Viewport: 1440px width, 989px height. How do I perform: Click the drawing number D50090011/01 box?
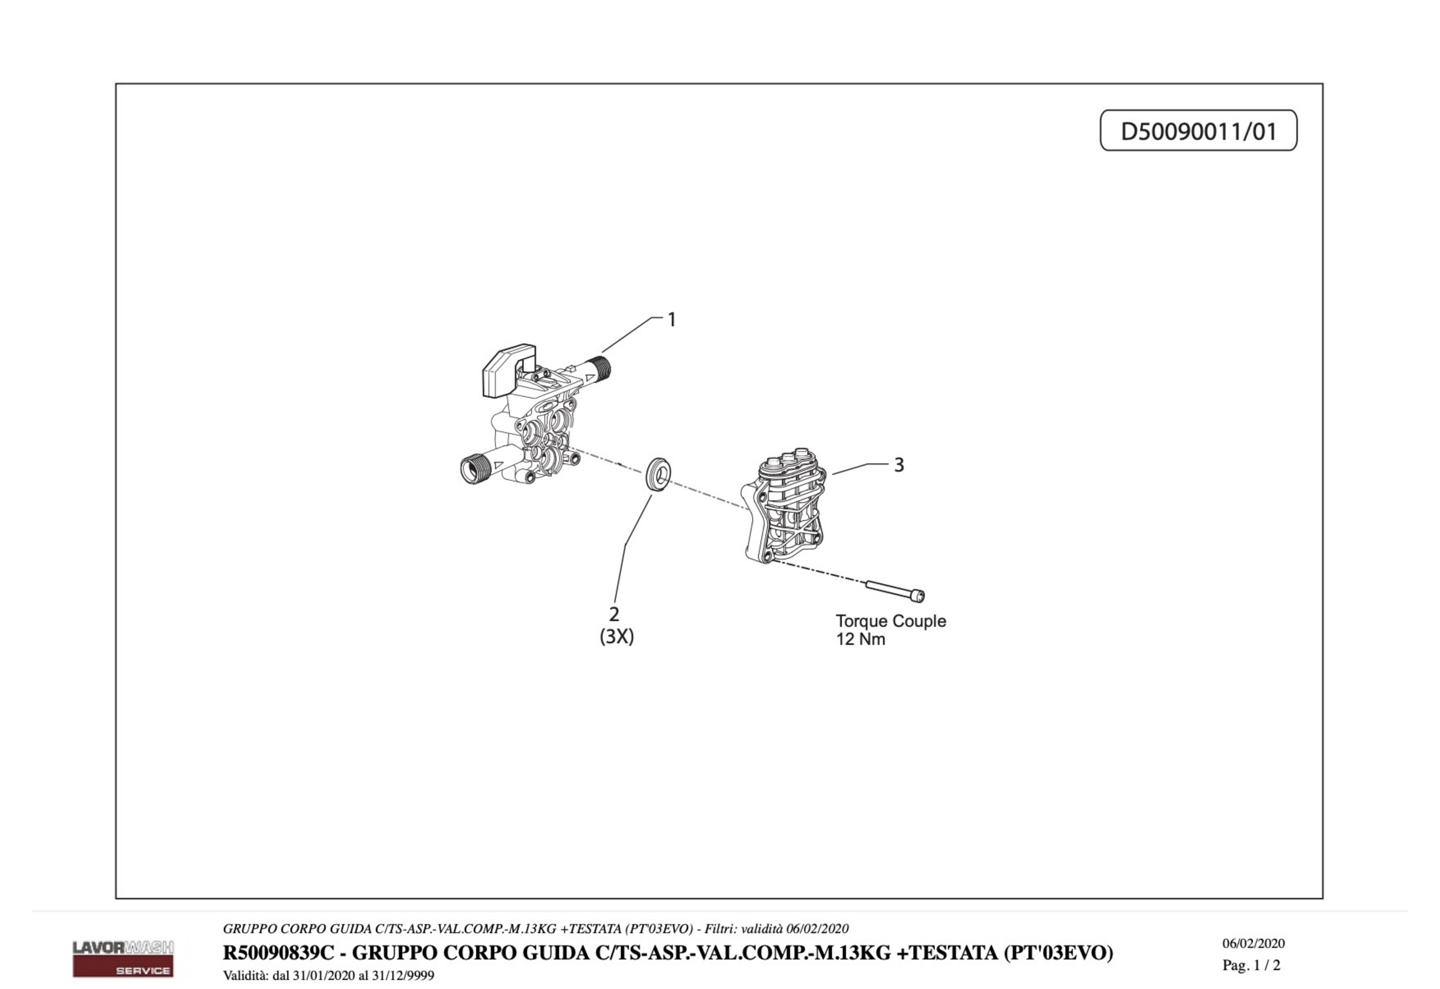[x=1198, y=130]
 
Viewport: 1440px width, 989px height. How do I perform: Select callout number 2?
[x=614, y=614]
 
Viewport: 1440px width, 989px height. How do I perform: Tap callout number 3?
[x=899, y=465]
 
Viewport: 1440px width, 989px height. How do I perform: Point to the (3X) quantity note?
[x=617, y=637]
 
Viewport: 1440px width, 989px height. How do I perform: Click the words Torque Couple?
[x=891, y=621]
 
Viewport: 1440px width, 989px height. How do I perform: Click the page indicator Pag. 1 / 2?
[x=1252, y=965]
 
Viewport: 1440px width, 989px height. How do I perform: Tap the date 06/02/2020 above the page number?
[x=1253, y=943]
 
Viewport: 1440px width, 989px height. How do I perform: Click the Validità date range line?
[x=329, y=975]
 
